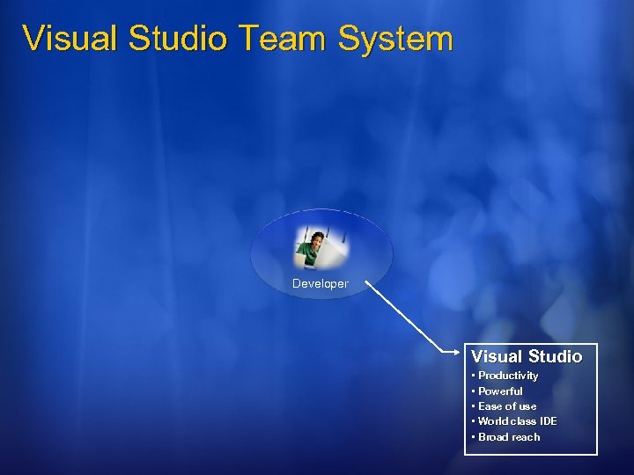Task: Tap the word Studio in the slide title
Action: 176,39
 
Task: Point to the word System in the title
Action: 394,39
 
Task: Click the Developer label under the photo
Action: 321,284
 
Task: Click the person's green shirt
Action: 310,254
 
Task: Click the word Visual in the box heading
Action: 496,356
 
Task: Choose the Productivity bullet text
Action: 508,376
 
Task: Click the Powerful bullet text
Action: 500,391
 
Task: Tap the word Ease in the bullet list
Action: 490,406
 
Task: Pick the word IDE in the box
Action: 548,421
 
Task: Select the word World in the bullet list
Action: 494,421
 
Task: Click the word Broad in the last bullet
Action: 492,437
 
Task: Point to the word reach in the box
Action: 525,437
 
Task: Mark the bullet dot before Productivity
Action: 474,376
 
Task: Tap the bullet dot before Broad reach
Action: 474,437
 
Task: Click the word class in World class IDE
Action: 525,421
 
